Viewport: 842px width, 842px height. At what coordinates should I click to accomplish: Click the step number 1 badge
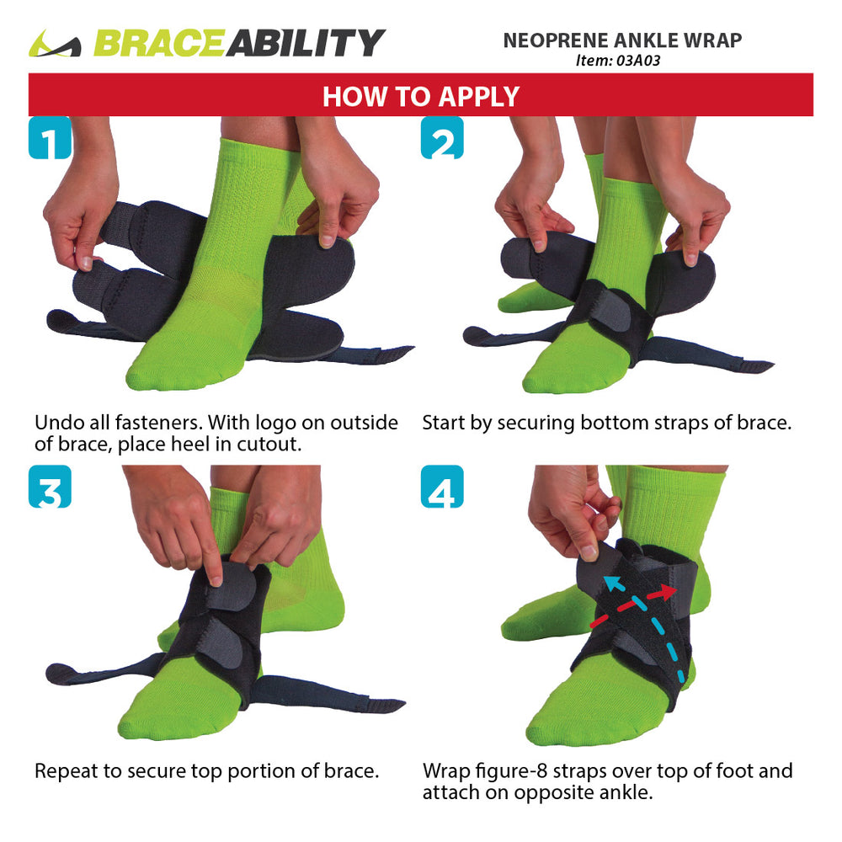[50, 137]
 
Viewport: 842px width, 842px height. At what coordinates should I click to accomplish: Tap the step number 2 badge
[442, 137]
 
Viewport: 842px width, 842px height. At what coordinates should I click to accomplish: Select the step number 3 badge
[50, 487]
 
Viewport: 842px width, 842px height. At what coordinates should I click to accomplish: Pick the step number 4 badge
[442, 487]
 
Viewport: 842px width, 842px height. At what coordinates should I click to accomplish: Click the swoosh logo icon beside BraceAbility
[55, 44]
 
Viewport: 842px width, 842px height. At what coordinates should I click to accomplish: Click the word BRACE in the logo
[159, 43]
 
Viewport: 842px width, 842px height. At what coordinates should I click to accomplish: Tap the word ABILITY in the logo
[305, 43]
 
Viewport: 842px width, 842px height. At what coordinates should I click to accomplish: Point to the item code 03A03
[638, 61]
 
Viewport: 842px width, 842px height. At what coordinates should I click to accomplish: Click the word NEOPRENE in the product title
[555, 40]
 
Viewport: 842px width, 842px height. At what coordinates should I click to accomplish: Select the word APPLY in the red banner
[478, 97]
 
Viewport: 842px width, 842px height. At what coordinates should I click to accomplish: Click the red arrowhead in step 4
[668, 592]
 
